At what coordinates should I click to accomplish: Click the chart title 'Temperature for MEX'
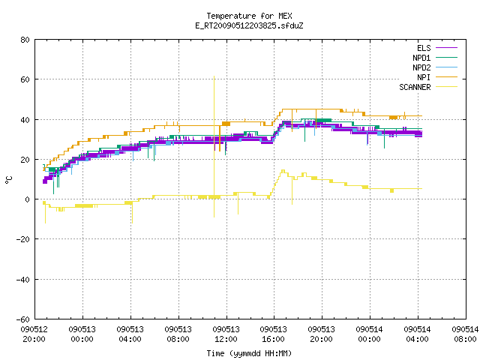(249, 16)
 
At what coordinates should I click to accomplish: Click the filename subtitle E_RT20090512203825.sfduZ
(249, 25)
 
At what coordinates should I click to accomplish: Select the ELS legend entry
(437, 48)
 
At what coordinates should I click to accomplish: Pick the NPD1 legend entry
(435, 58)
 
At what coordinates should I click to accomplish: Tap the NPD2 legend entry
(435, 67)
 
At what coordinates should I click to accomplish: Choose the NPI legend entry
(437, 77)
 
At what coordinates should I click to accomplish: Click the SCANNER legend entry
(428, 87)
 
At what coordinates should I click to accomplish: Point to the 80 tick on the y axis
(25, 40)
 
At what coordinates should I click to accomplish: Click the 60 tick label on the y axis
(25, 79)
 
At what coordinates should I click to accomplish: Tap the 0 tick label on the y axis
(28, 199)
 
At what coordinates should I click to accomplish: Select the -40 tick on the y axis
(23, 280)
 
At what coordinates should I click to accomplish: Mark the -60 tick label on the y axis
(23, 319)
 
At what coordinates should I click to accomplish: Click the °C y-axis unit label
(9, 180)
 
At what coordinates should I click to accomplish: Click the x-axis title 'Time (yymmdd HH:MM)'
(249, 353)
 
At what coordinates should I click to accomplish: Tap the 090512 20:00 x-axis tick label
(34, 334)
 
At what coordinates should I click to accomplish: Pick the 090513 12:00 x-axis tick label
(226, 334)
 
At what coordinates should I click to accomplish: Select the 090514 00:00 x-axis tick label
(370, 334)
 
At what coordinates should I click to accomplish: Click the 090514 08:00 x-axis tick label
(465, 334)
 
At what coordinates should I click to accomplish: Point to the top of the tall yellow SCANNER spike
(214, 76)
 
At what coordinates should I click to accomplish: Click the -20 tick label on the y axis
(23, 239)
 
